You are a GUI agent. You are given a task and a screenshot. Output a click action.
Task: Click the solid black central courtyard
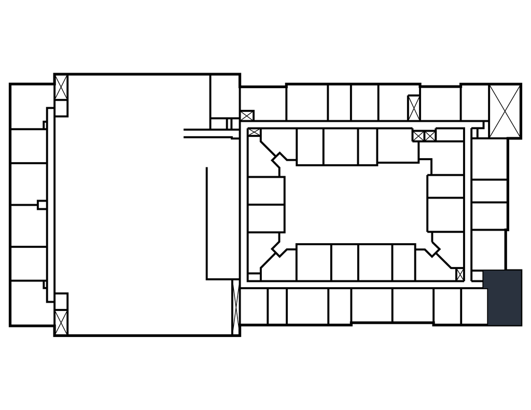[x=357, y=204]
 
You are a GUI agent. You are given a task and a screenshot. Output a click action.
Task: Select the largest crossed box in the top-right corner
[x=505, y=111]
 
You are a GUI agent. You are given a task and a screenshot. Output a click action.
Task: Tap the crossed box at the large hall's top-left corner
[x=61, y=88]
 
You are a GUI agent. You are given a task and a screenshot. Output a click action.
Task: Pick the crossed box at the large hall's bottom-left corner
[x=61, y=322]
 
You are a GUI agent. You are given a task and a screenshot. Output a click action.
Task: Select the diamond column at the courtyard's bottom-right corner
[x=432, y=249]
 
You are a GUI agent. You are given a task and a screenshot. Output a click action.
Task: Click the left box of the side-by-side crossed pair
[x=418, y=136]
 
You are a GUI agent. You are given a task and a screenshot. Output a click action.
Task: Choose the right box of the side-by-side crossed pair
[x=430, y=136]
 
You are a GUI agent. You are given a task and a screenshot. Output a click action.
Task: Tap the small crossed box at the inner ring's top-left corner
[x=254, y=132]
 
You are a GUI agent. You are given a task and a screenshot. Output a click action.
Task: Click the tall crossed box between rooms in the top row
[x=414, y=108]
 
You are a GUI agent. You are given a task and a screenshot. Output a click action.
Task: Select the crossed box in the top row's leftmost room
[x=247, y=116]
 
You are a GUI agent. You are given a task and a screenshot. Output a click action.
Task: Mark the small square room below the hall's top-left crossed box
[x=61, y=108]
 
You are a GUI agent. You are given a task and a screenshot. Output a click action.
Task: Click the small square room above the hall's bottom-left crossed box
[x=61, y=301]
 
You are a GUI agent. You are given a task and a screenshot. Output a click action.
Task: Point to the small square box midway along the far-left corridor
[x=42, y=205]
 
